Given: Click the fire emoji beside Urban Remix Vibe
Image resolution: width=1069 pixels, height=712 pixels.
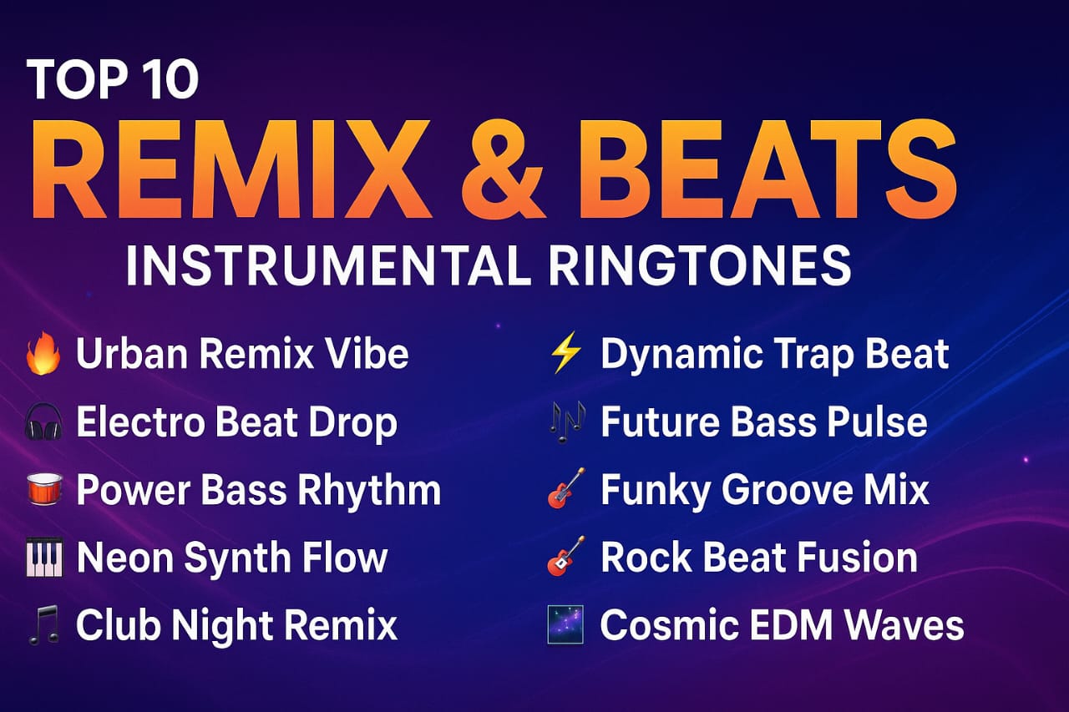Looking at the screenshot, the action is click(43, 353).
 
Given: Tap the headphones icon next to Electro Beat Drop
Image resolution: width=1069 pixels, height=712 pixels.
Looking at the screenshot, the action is click(43, 422).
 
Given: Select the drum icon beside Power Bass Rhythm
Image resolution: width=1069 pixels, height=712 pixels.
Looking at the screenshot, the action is click(44, 489).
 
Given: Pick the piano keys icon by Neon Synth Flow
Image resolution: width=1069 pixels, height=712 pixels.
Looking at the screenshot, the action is click(44, 558).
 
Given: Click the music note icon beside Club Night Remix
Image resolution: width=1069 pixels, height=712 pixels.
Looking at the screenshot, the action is click(44, 624).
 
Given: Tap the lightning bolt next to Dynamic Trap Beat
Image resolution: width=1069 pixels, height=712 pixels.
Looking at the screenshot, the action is click(565, 352).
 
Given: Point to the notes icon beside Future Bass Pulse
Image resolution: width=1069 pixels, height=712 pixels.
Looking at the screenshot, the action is click(566, 422).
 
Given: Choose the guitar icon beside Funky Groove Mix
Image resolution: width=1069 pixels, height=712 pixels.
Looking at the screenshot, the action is click(566, 489).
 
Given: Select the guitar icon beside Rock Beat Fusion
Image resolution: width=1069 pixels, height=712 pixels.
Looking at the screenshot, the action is click(566, 556).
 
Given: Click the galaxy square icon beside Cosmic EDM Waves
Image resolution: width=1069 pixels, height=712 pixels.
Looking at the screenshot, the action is click(565, 624).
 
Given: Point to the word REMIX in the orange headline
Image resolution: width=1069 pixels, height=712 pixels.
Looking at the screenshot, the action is click(231, 170).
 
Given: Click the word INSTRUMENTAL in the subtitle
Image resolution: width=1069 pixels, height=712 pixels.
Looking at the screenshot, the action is click(328, 265).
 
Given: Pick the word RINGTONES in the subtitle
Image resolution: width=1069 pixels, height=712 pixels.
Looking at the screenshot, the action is click(700, 265).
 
